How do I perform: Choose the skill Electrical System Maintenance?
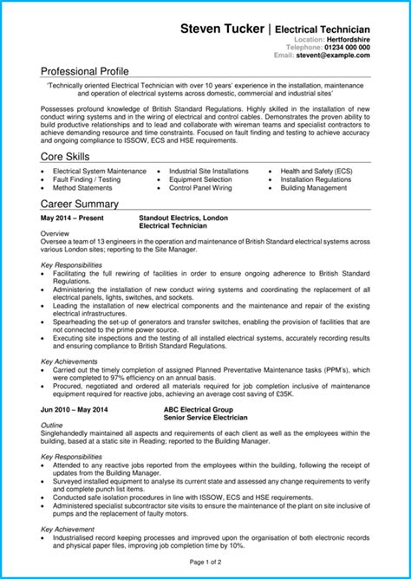point(100,172)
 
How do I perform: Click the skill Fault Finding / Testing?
point(87,179)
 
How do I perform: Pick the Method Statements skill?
point(82,187)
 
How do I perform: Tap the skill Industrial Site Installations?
point(208,172)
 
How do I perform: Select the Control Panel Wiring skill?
point(200,187)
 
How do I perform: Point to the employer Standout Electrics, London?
point(184,218)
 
